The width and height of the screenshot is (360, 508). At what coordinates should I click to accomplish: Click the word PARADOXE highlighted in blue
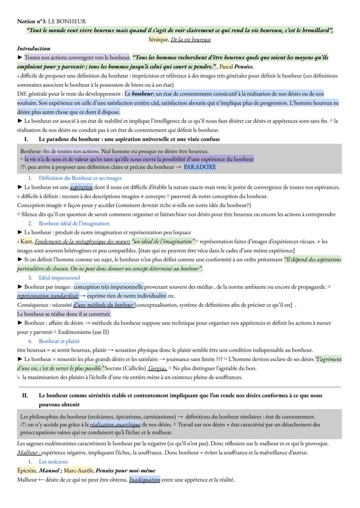click(200, 167)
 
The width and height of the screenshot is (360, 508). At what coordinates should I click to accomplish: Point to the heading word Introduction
click(33, 48)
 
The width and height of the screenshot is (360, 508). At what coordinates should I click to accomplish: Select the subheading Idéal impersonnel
click(59, 277)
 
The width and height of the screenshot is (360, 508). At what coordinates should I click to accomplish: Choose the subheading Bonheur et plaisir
click(61, 341)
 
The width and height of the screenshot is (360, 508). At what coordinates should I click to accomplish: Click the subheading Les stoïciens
click(53, 462)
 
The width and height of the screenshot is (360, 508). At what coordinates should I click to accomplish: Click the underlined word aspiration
click(81, 187)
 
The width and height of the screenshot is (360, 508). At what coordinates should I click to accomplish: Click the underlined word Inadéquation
click(144, 480)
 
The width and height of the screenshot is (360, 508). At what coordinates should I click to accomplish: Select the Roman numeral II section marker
click(25, 395)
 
